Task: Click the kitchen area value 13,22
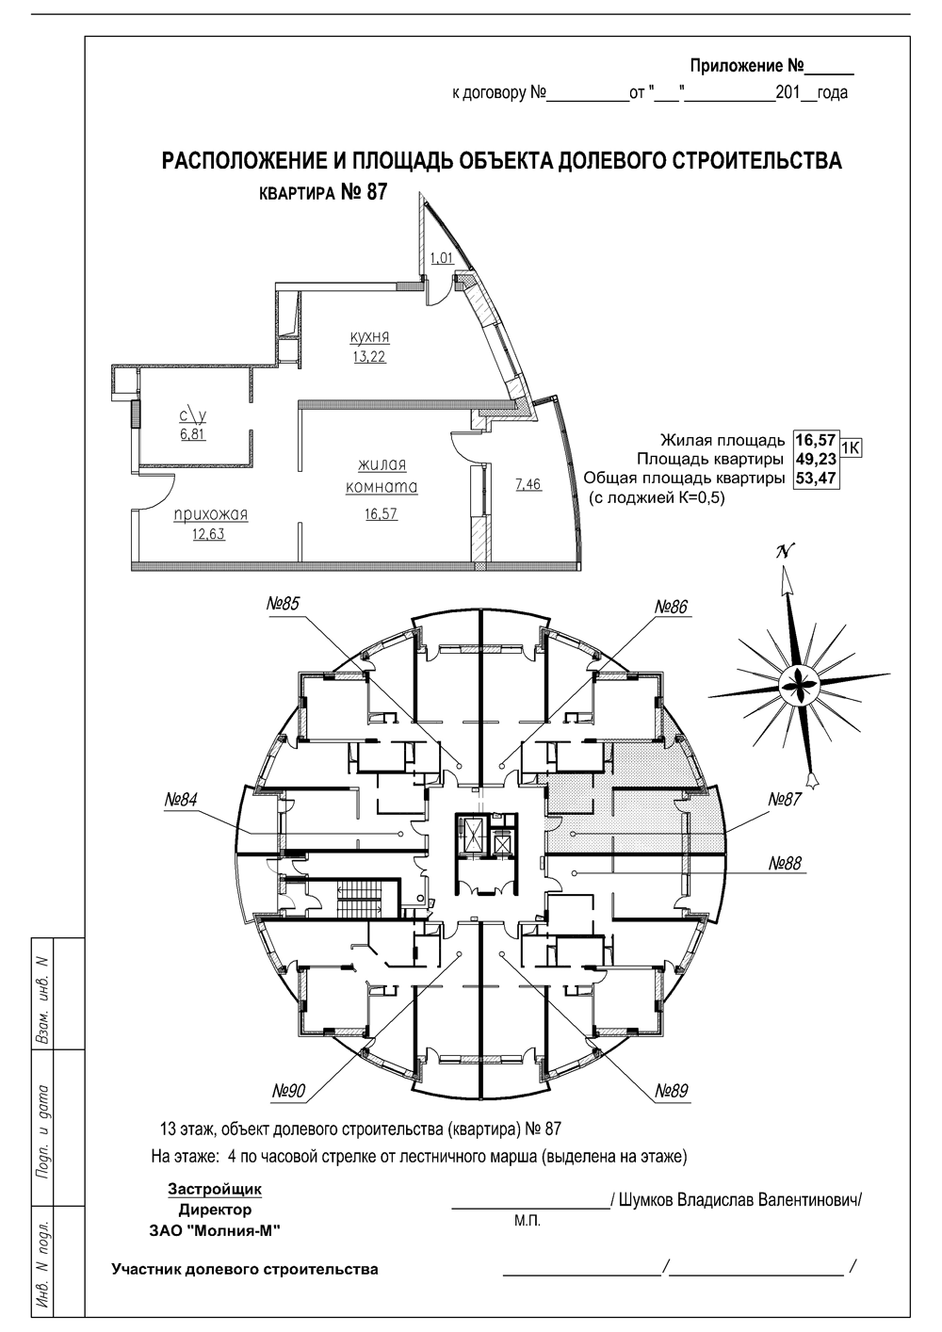369,357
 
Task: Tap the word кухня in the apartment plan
369,337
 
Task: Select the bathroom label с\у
193,415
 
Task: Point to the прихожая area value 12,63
208,534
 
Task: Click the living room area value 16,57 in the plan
382,513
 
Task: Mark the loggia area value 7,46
528,484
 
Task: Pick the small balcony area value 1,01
442,258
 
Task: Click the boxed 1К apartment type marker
851,447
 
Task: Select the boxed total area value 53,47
817,479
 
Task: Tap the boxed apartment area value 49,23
817,459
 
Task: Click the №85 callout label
283,605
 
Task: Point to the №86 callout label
672,607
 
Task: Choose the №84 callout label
182,800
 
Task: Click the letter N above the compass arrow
785,552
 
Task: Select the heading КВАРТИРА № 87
324,192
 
